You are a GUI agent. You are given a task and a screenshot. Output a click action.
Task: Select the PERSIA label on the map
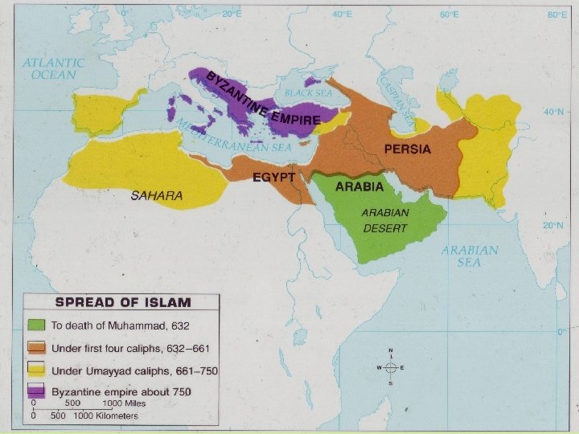(x=407, y=149)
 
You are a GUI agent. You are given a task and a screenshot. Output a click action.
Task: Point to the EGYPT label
(x=274, y=177)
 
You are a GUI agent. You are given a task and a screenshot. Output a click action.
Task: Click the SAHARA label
(x=157, y=195)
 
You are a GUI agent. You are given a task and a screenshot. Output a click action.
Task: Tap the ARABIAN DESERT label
(x=384, y=220)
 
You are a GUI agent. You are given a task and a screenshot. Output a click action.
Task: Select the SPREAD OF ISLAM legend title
(x=121, y=303)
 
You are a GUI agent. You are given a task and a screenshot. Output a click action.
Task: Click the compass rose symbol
(x=390, y=367)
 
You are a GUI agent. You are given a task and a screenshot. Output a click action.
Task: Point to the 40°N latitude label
(x=553, y=113)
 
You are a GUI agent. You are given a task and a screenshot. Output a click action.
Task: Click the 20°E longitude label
(x=232, y=14)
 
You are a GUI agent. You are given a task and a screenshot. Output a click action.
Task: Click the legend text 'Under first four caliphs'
(x=129, y=349)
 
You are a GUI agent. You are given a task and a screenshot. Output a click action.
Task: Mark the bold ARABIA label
(x=359, y=186)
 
